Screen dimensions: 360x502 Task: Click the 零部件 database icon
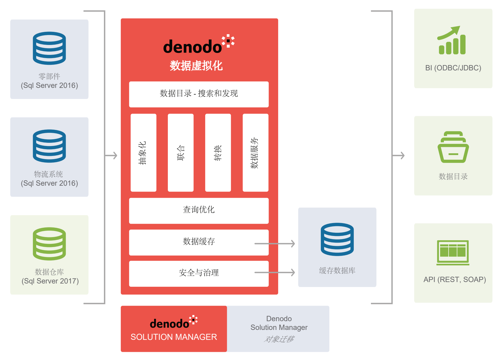pyautogui.click(x=49, y=48)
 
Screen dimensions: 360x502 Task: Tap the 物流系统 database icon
pyautogui.click(x=49, y=146)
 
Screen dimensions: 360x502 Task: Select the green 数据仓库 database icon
pyautogui.click(x=49, y=244)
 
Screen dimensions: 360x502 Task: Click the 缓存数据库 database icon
pyautogui.click(x=337, y=239)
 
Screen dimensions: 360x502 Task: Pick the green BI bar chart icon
pyautogui.click(x=452, y=41)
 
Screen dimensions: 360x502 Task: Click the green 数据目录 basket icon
pyautogui.click(x=453, y=147)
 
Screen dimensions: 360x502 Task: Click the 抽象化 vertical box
pyautogui.click(x=143, y=153)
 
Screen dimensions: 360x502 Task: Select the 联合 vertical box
pyautogui.click(x=181, y=153)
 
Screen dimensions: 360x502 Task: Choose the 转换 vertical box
pyautogui.click(x=218, y=153)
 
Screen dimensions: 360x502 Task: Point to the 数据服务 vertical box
pyautogui.click(x=255, y=153)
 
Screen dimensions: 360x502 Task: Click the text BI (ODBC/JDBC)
pyautogui.click(x=453, y=68)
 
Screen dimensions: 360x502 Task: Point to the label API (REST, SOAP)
pyautogui.click(x=454, y=279)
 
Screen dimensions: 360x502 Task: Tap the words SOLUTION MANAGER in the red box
pyautogui.click(x=174, y=337)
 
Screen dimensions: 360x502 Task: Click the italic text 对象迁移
pyautogui.click(x=279, y=339)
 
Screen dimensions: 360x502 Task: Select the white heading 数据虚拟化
pyautogui.click(x=196, y=66)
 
